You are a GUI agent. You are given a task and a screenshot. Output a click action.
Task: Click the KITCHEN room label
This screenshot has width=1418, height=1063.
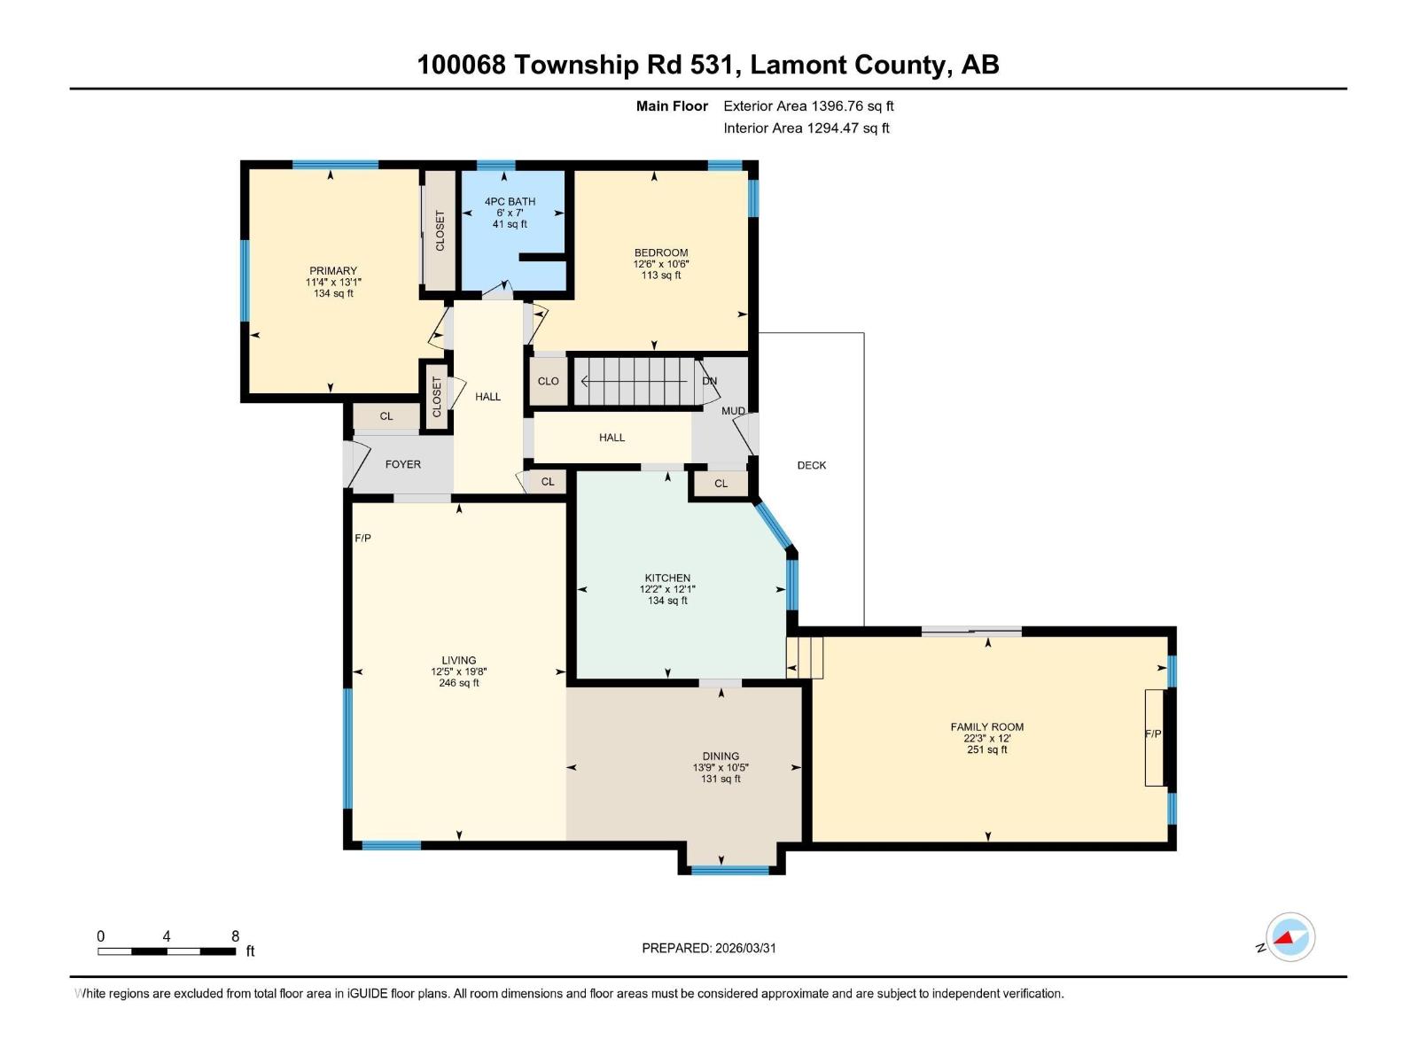pos(666,578)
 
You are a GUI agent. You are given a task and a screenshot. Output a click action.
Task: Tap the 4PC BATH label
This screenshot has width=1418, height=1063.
pos(510,202)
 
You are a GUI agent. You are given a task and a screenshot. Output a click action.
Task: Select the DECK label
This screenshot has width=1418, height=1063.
pos(811,465)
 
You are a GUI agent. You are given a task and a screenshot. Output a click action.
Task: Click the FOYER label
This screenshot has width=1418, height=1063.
pos(402,464)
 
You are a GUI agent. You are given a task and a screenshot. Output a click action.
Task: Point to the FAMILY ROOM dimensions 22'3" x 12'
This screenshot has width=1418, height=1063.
pos(986,738)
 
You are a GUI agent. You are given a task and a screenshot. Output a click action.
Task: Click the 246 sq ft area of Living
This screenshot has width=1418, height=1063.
pos(459,683)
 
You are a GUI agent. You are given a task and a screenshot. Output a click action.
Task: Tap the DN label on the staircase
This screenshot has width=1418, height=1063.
pos(709,381)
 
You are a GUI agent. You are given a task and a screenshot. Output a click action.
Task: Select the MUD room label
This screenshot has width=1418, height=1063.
pos(732,411)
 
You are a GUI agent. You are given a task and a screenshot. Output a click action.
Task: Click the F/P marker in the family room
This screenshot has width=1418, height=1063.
pos(1152,734)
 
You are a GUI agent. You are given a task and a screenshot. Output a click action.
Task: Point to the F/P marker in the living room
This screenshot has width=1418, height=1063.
pos(362,539)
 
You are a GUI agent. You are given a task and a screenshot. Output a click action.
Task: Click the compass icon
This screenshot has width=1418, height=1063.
pos(1289,937)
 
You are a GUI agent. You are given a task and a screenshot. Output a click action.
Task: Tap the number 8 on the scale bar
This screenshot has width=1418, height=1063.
pos(235,936)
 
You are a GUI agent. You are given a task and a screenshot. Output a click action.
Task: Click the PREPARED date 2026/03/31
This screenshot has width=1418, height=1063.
pos(744,948)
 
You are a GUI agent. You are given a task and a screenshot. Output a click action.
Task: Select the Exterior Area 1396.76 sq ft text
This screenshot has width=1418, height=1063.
pos(808,106)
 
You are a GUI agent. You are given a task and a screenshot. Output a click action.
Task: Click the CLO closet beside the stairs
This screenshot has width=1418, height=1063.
pos(548,381)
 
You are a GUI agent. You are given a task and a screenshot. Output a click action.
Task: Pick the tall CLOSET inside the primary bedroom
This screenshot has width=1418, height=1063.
pos(440,230)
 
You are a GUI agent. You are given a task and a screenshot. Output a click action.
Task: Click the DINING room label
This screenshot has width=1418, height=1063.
pos(720,757)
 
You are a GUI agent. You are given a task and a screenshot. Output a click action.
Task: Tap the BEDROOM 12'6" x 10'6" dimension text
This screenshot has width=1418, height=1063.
pos(660,264)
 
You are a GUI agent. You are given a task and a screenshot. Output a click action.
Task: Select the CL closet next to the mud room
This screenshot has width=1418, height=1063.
pos(721,484)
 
